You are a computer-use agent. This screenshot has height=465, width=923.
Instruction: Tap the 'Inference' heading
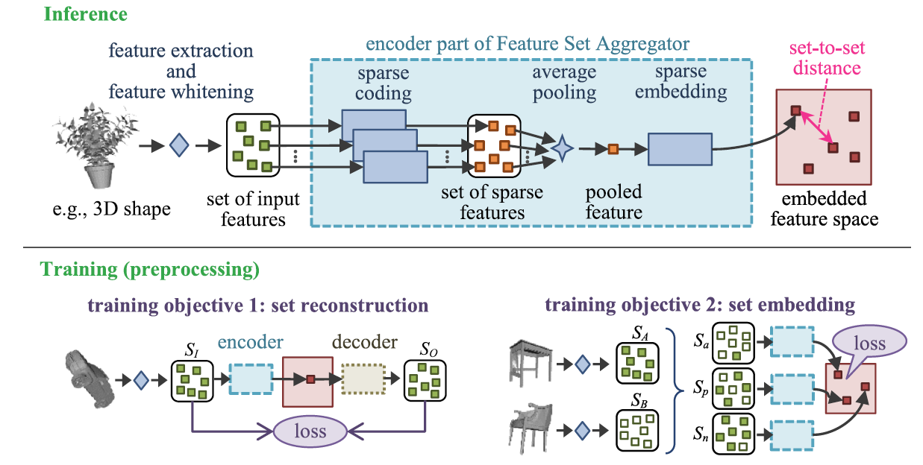84,14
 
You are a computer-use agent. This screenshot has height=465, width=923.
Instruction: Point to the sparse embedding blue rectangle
679,149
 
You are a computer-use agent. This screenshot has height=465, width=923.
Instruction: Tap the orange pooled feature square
613,150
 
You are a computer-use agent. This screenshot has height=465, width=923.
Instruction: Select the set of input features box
252,145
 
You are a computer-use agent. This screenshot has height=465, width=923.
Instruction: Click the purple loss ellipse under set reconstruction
310,431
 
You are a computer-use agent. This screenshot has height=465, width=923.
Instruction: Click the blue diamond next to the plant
178,145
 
